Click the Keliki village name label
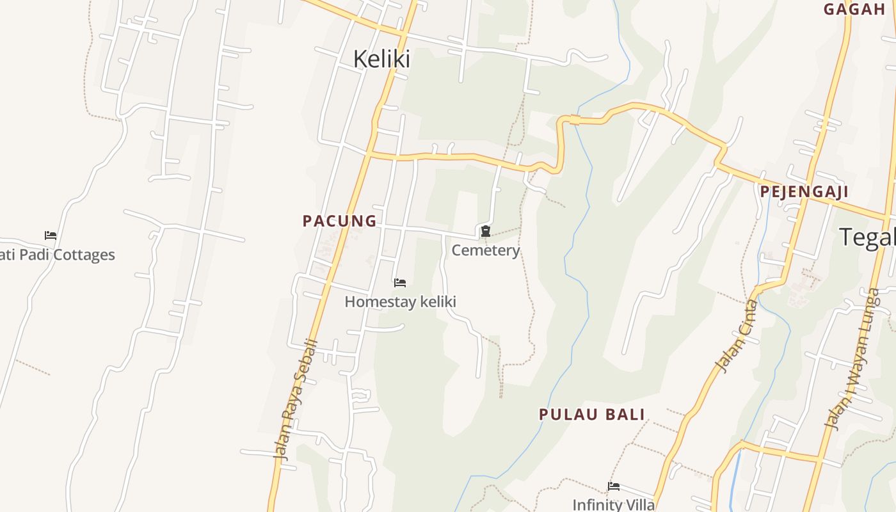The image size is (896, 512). point(381,59)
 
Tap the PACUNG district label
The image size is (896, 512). point(339,221)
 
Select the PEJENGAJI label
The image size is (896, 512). point(804,191)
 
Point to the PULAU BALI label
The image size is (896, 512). point(592,414)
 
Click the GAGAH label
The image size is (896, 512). point(854,9)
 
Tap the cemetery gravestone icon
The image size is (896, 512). point(486,231)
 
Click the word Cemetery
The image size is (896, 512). point(486,250)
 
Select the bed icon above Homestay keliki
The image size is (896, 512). point(400,282)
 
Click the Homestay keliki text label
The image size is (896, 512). point(400,301)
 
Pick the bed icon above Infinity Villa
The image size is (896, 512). point(614,486)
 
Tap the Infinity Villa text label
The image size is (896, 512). point(614,504)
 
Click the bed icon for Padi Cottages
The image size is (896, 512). point(51,236)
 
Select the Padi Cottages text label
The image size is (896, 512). point(58,255)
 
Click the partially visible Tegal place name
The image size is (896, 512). point(867,237)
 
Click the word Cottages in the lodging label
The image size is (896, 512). point(84,255)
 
